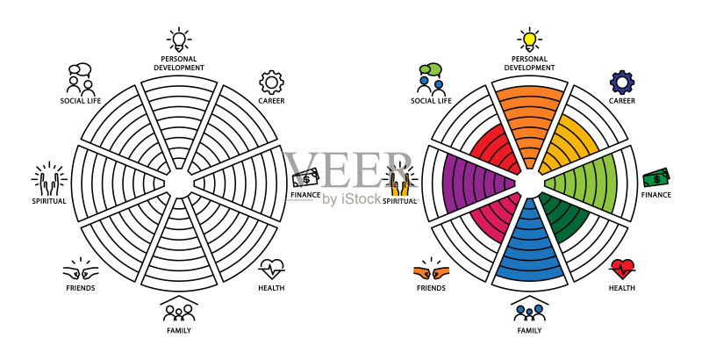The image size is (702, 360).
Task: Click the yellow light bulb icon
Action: pos(530,40)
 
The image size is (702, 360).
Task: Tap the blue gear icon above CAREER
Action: pos(622,83)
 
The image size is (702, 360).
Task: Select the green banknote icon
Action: pos(656,177)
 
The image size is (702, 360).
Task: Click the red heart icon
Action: pos(622,269)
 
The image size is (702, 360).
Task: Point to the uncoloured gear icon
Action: pos(271,83)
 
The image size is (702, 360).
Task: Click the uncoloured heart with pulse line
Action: pos(271,269)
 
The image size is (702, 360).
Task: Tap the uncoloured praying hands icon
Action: pos(49,178)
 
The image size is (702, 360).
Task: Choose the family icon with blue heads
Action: pos(530,309)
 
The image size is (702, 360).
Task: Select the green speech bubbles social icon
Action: pos(431,79)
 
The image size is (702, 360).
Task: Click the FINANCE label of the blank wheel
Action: pos(305,195)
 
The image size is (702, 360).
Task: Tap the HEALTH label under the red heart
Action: pos(622,288)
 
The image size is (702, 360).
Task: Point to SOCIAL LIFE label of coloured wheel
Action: pos(431,101)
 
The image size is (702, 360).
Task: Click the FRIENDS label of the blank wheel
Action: pos(81,288)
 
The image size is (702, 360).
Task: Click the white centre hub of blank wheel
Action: pos(179,183)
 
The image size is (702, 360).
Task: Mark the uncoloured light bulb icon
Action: pos(179,40)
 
